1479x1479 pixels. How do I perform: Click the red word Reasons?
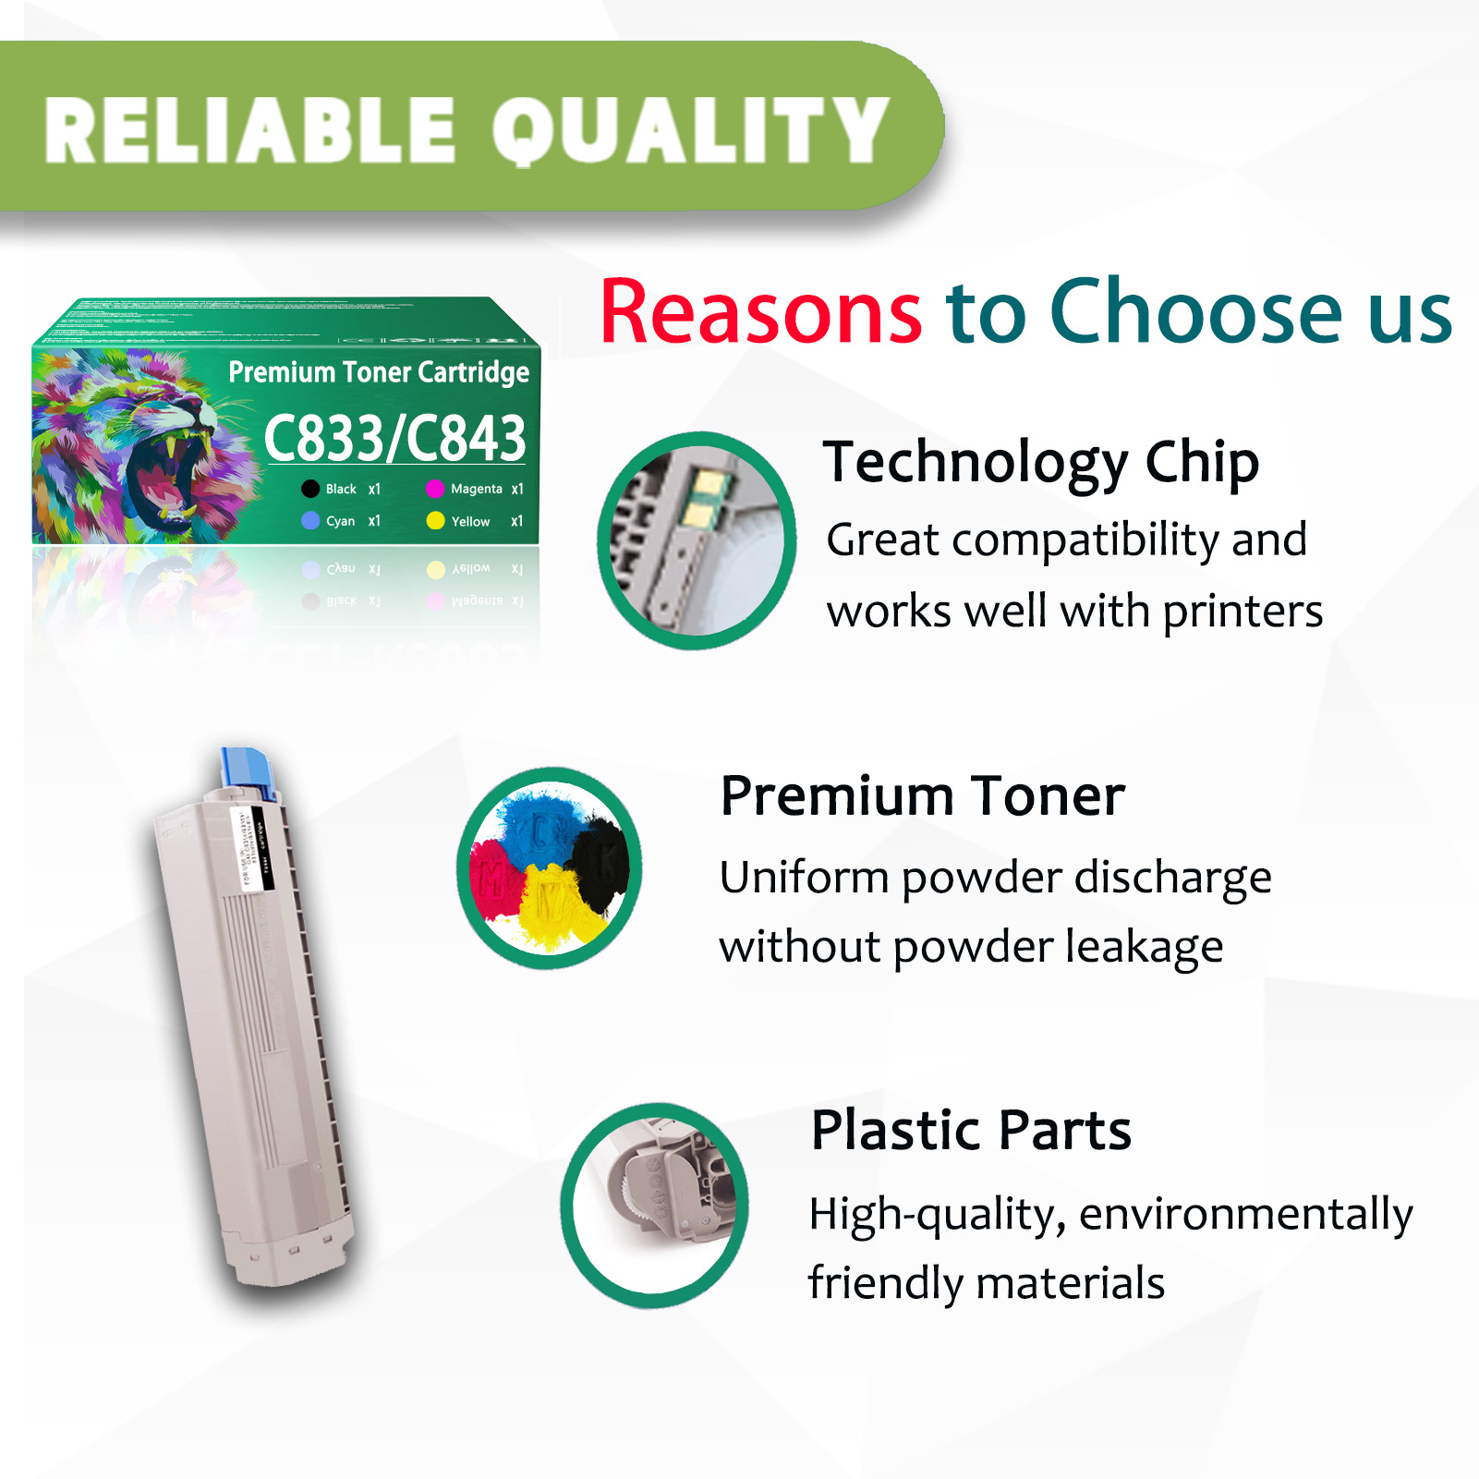tap(760, 312)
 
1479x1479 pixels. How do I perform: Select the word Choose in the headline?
tap(1196, 312)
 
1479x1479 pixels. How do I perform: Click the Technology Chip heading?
tap(1041, 462)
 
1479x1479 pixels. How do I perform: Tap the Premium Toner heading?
tap(922, 796)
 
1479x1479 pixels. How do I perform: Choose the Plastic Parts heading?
tap(971, 1130)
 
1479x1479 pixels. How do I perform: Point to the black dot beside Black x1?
tap(310, 489)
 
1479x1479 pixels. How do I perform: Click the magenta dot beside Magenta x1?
tap(435, 489)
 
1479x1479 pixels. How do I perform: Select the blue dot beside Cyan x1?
tap(310, 521)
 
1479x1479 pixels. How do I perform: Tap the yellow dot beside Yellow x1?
tap(435, 521)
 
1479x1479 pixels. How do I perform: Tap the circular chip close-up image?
tap(697, 540)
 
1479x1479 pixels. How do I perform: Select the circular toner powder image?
tap(550, 868)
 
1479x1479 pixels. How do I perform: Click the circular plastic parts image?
tap(655, 1205)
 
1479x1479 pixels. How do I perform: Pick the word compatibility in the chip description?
tap(1085, 540)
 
